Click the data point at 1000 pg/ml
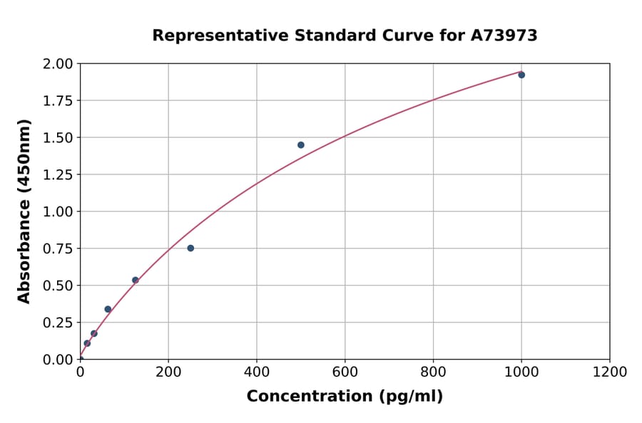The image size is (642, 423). (x=521, y=75)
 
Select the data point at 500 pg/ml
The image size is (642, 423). (x=301, y=145)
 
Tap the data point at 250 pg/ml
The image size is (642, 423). (x=190, y=248)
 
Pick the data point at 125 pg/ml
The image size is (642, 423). (x=136, y=280)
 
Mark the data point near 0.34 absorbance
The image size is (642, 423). (x=108, y=309)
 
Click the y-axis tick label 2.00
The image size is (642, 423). (x=58, y=64)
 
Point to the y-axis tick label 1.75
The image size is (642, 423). (x=58, y=101)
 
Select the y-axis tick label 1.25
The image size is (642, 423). (x=58, y=174)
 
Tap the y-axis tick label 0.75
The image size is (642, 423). (x=58, y=249)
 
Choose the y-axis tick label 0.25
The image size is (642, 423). (x=58, y=323)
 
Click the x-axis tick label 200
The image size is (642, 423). (x=168, y=372)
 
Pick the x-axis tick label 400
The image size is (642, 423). (x=257, y=372)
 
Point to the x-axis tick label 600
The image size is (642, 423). (x=345, y=372)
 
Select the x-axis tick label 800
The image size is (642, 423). (x=433, y=372)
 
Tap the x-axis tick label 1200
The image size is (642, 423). (x=610, y=372)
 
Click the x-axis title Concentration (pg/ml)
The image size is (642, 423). (x=345, y=397)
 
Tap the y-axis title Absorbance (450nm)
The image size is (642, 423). (x=24, y=211)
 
